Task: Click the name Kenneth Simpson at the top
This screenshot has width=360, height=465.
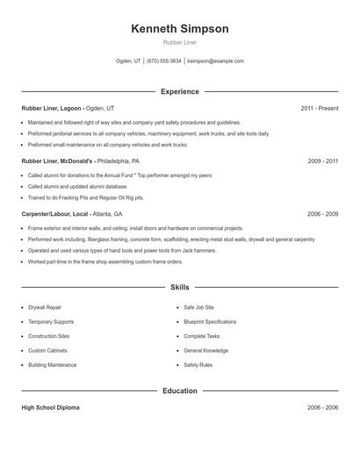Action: [179, 29]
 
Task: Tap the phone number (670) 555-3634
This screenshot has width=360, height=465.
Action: [164, 61]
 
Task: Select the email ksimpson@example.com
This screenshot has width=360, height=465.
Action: [216, 61]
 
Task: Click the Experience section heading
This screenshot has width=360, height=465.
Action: [179, 91]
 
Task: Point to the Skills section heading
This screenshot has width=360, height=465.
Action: [179, 287]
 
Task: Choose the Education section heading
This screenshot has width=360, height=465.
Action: [179, 390]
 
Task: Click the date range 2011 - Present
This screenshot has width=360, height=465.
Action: [319, 108]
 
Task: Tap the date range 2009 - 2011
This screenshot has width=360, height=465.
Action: [322, 161]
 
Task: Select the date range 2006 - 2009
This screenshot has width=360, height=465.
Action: [322, 214]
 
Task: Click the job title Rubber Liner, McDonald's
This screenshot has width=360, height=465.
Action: [57, 161]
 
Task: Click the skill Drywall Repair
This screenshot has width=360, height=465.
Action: [45, 308]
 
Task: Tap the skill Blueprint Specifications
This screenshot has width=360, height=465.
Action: [210, 322]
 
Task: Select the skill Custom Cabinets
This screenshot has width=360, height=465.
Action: [47, 350]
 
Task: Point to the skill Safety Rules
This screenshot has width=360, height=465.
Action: [198, 364]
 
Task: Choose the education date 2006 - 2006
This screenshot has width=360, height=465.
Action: [322, 408]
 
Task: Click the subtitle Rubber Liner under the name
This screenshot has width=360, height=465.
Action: [179, 42]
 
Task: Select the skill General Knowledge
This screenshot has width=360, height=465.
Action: [205, 350]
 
